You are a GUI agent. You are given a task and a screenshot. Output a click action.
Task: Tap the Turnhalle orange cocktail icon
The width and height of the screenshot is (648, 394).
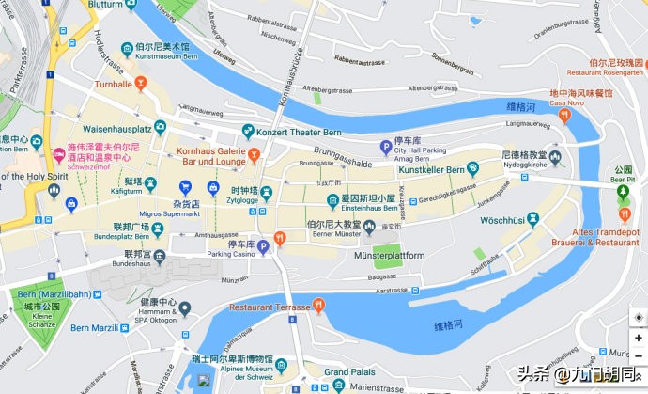141,85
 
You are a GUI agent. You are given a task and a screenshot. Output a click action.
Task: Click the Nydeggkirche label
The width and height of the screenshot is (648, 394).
527,165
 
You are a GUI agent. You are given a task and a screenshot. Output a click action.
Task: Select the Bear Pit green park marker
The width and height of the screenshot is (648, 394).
623,194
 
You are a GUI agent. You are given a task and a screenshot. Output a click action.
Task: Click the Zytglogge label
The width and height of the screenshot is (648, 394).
242,201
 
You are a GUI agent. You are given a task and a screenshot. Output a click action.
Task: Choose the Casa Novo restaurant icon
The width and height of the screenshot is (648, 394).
564,115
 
